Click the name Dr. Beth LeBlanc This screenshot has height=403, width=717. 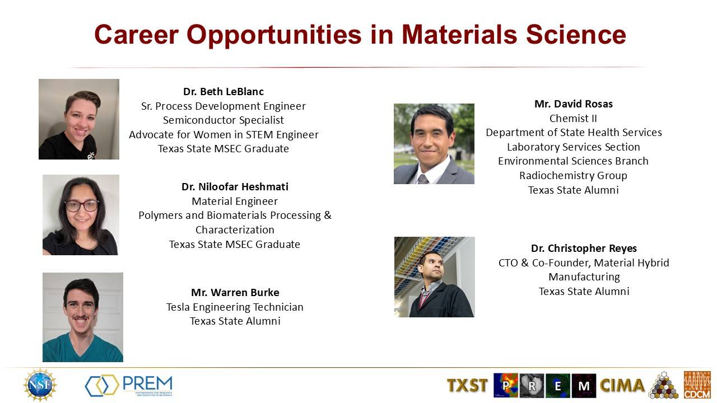click(x=224, y=92)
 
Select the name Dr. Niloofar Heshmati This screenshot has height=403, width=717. click(x=235, y=187)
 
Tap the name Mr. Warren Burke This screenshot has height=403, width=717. click(x=235, y=293)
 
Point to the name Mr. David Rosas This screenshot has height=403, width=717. click(x=574, y=104)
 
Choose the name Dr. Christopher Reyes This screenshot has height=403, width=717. click(x=584, y=248)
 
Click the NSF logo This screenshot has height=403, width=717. click(x=40, y=385)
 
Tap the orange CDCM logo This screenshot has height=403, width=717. click(x=697, y=385)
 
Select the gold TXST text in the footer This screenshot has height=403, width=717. click(x=467, y=385)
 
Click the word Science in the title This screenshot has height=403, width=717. click(x=576, y=35)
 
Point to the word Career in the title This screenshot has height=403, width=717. click(x=136, y=35)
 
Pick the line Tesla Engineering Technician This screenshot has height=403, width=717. click(x=235, y=307)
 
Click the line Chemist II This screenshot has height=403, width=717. click(x=573, y=118)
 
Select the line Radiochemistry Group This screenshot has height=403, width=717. click(x=573, y=176)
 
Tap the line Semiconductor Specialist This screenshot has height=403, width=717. click(x=224, y=120)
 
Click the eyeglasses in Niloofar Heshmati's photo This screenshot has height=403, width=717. click(x=82, y=205)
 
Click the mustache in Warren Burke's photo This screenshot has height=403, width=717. click(x=80, y=317)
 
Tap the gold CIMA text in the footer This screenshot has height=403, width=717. click(x=622, y=385)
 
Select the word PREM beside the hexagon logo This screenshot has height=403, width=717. click(x=147, y=382)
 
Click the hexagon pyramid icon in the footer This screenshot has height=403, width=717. click(x=664, y=385)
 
